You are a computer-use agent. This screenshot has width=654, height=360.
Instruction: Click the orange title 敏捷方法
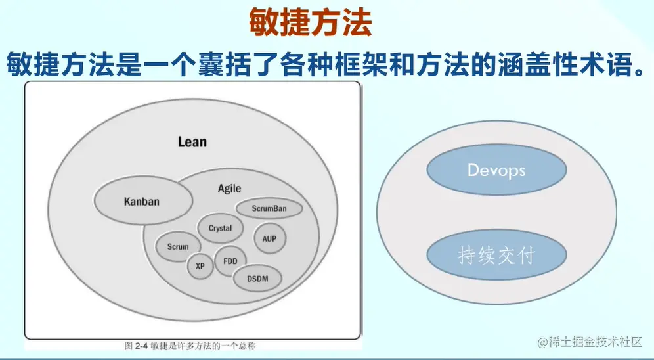pyautogui.click(x=310, y=23)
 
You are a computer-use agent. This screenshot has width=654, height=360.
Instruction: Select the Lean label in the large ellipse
pyautogui.click(x=192, y=142)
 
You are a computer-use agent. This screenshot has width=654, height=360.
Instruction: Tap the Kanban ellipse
pyautogui.click(x=141, y=202)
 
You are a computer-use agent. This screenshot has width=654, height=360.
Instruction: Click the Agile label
pyautogui.click(x=230, y=189)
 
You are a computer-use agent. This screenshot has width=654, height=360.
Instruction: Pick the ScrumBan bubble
pyautogui.click(x=269, y=209)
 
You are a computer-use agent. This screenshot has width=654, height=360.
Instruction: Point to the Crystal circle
pyautogui.click(x=221, y=229)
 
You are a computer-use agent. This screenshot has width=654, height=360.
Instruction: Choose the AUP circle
pyautogui.click(x=269, y=238)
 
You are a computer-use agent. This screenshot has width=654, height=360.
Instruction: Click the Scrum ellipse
pyautogui.click(x=178, y=247)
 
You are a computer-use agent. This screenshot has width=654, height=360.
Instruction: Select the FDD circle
pyautogui.click(x=230, y=261)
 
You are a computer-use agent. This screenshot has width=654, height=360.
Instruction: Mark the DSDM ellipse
pyautogui.click(x=258, y=279)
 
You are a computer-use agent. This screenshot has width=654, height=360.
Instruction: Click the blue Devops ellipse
pyautogui.click(x=496, y=170)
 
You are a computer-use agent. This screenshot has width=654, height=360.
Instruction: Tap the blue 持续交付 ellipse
pyautogui.click(x=496, y=255)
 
